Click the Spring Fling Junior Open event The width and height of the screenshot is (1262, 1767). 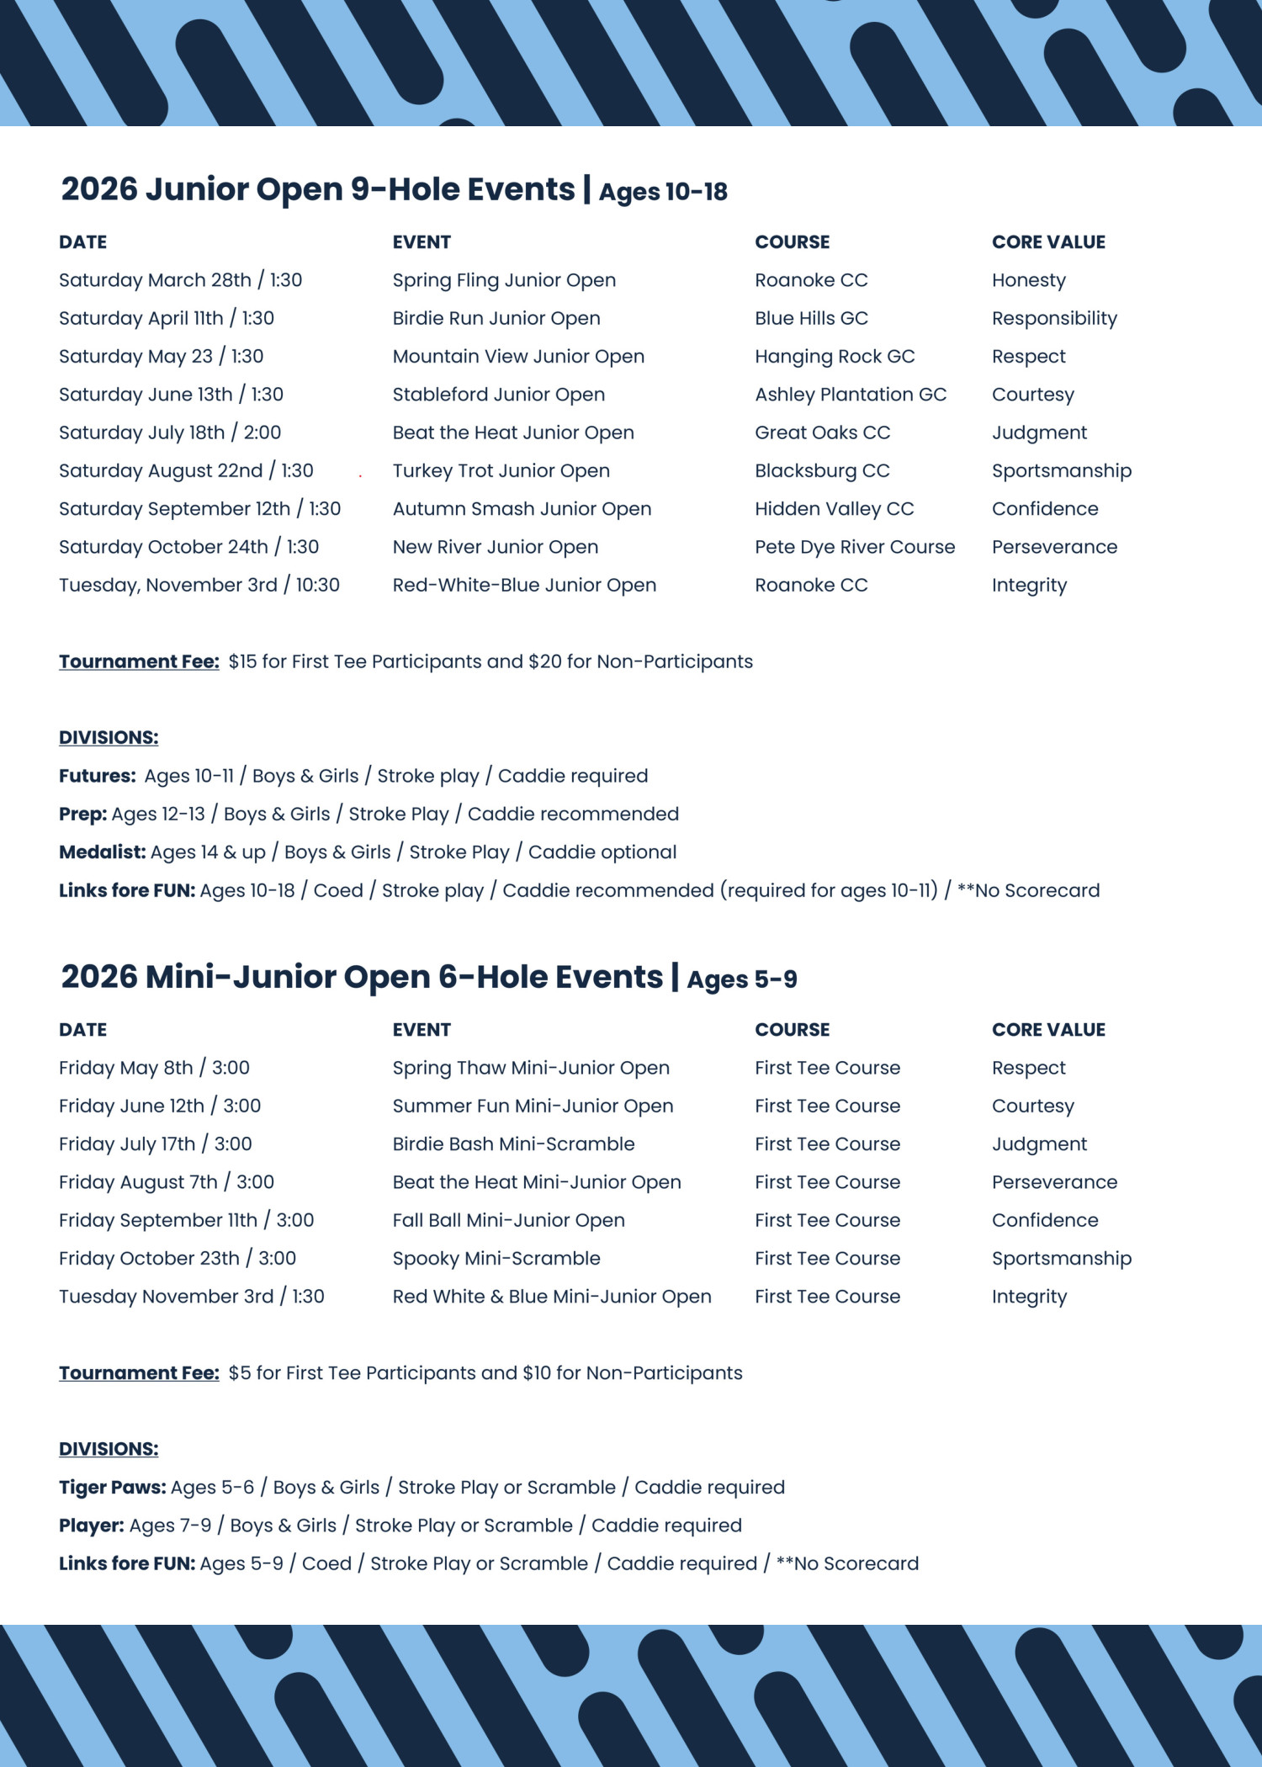[504, 280]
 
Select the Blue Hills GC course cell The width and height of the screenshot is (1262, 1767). [811, 318]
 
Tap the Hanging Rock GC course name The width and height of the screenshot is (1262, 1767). [835, 357]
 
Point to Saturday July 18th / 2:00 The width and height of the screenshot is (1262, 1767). [170, 432]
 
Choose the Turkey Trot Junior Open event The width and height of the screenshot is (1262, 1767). [501, 471]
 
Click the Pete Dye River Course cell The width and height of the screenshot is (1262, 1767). [855, 547]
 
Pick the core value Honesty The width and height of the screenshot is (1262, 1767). [1028, 280]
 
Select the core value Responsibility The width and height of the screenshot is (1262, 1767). [1054, 318]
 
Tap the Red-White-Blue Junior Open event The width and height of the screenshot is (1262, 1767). [524, 585]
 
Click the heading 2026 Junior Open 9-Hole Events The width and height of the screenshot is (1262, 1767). [318, 189]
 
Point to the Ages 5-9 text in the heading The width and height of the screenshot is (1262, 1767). [741, 979]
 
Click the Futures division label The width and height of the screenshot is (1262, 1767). [97, 776]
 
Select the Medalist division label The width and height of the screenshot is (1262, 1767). [102, 852]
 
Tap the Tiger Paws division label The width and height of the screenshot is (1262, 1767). [112, 1488]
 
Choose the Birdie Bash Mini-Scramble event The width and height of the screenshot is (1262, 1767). [513, 1144]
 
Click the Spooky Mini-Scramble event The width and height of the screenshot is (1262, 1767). [496, 1259]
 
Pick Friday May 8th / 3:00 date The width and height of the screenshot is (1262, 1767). [154, 1068]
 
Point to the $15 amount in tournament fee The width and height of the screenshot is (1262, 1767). [242, 661]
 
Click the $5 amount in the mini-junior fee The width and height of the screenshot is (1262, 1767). [239, 1373]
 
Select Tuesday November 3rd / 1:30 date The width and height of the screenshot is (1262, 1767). [191, 1297]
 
